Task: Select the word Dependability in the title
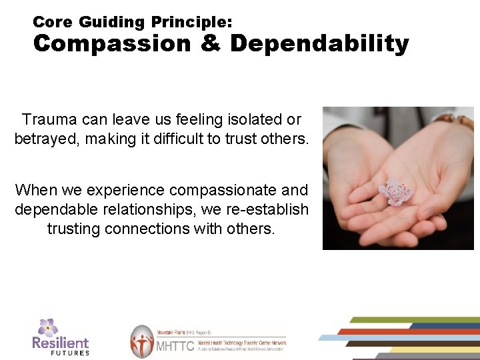[319, 44]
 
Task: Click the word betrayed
[45, 139]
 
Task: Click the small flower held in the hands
[395, 191]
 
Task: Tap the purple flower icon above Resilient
[47, 327]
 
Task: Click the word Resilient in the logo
[60, 343]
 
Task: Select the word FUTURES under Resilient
[70, 353]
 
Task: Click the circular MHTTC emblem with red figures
[142, 342]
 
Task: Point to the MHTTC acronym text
[175, 347]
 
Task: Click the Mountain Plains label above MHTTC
[172, 331]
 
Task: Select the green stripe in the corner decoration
[413, 320]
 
